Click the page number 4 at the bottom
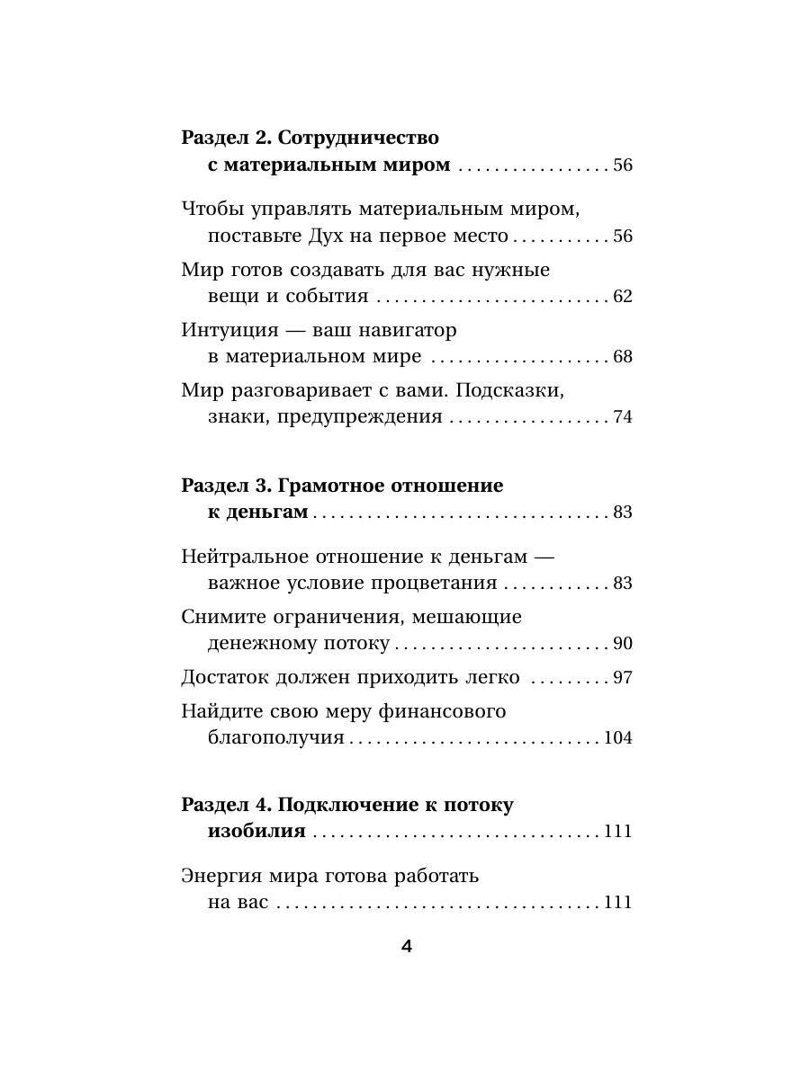pyautogui.click(x=405, y=948)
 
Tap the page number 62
pyautogui.click(x=623, y=297)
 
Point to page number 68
pyautogui.click(x=623, y=357)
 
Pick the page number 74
pyautogui.click(x=623, y=417)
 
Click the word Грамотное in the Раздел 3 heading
pyautogui.click(x=330, y=486)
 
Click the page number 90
pyautogui.click(x=623, y=644)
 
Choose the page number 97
pyautogui.click(x=623, y=678)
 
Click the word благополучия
pyautogui.click(x=275, y=738)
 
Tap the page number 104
pyautogui.click(x=618, y=739)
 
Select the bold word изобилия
pyautogui.click(x=256, y=831)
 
